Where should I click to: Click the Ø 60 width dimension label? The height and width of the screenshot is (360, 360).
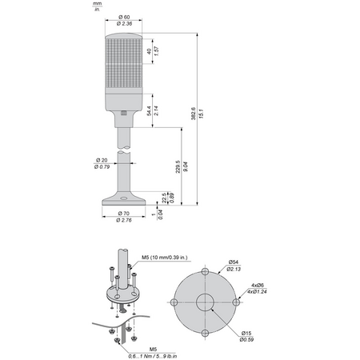click(124, 17)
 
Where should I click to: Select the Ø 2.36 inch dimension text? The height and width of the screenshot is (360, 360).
click(124, 23)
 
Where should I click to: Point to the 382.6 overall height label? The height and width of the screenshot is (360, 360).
click(194, 114)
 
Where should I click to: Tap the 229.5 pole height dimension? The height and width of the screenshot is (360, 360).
click(178, 166)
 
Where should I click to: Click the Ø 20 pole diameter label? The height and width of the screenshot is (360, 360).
click(102, 160)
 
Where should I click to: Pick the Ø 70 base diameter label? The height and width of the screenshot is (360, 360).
click(124, 214)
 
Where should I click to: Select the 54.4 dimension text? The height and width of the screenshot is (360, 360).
click(149, 110)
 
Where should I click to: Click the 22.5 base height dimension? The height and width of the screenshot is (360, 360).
click(164, 198)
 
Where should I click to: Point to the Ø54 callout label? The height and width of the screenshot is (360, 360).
click(234, 262)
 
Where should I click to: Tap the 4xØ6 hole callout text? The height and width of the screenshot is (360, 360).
click(258, 285)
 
